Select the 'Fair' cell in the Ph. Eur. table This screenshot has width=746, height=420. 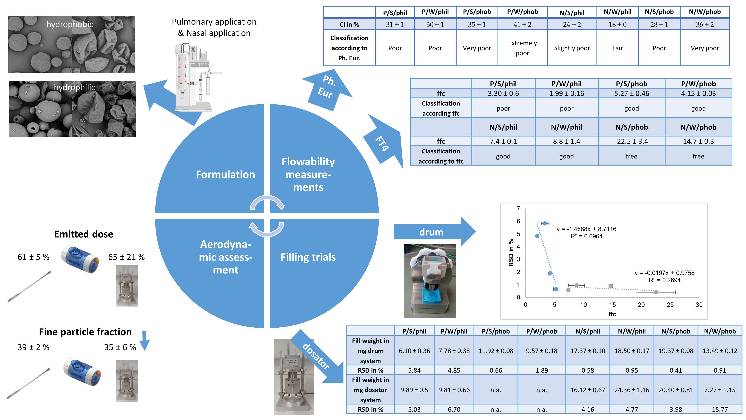(618, 48)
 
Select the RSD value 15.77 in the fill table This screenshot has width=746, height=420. (720, 410)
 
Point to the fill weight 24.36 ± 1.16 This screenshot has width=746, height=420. (632, 390)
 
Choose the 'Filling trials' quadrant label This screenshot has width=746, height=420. (308, 257)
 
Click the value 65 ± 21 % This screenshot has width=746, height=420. (126, 257)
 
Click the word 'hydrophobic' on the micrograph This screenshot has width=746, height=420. (70, 24)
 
